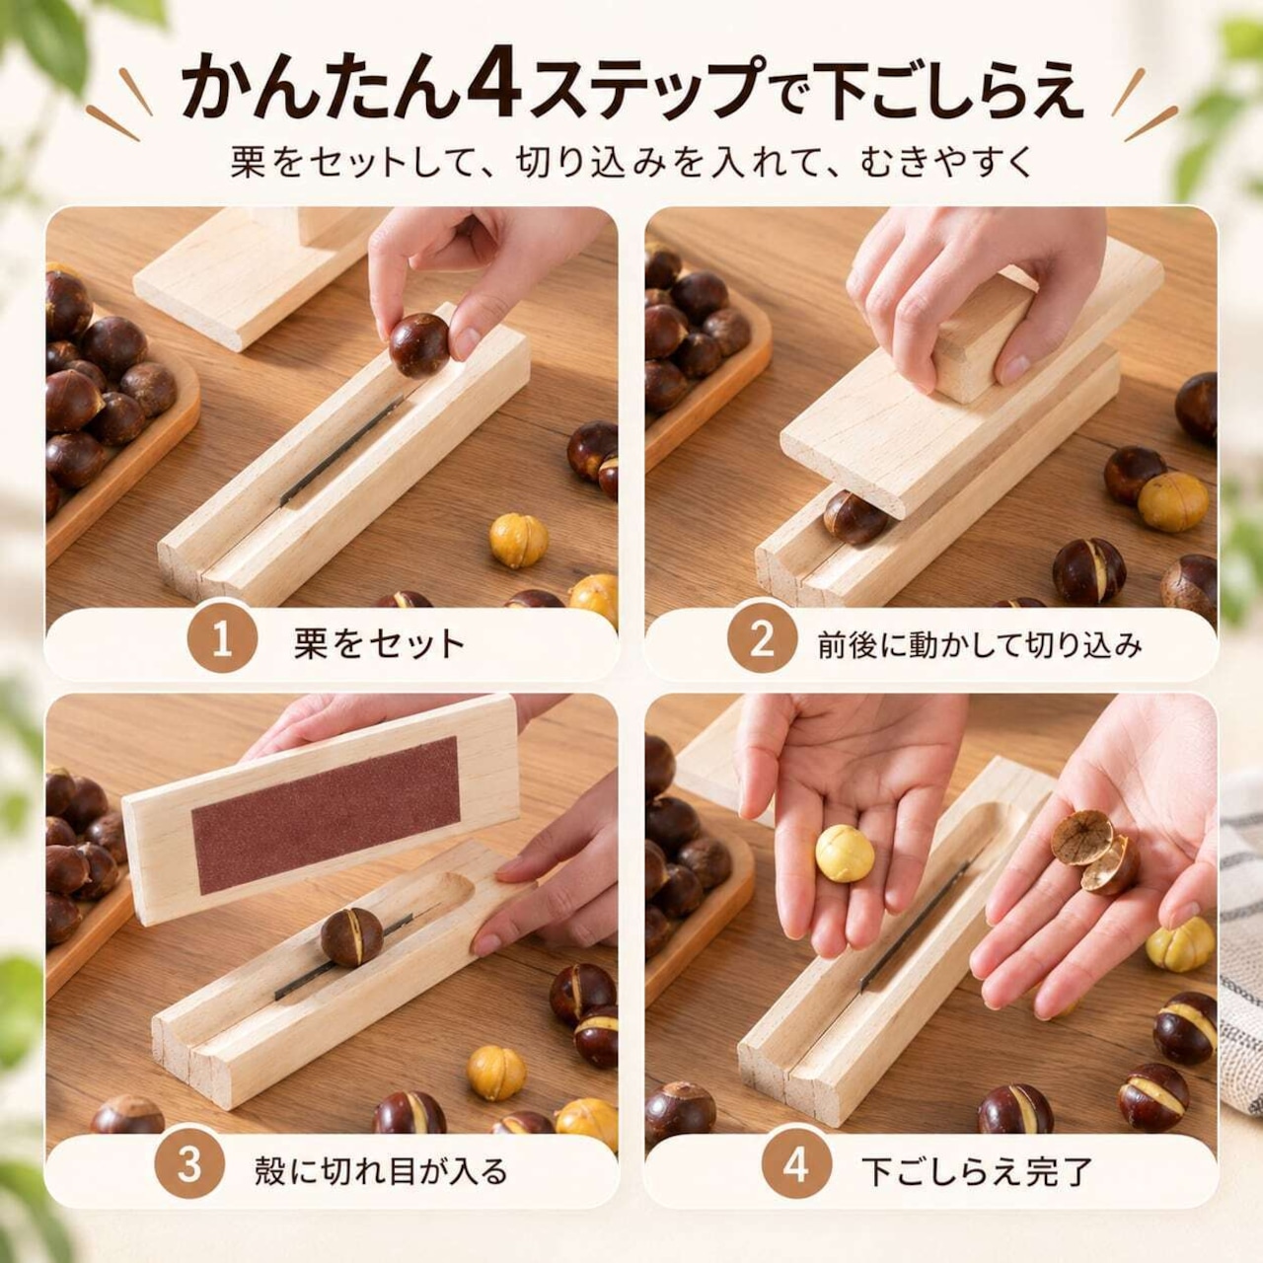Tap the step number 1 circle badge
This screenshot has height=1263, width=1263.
[x=222, y=642]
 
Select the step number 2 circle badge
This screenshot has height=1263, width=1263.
[x=762, y=642]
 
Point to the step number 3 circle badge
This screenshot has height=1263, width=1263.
[x=188, y=1166]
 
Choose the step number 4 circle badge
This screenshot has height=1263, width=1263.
[x=795, y=1166]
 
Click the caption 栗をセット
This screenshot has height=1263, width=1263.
[x=379, y=643]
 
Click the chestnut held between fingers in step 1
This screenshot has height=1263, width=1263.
[x=419, y=345]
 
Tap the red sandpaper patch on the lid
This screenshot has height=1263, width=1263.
[x=326, y=815]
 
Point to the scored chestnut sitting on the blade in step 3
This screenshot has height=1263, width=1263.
[x=352, y=936]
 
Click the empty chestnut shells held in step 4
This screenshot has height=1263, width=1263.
[x=1095, y=852]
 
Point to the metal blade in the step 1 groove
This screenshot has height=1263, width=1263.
[x=340, y=451]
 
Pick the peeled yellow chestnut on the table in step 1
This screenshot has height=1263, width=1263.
[x=519, y=541]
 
